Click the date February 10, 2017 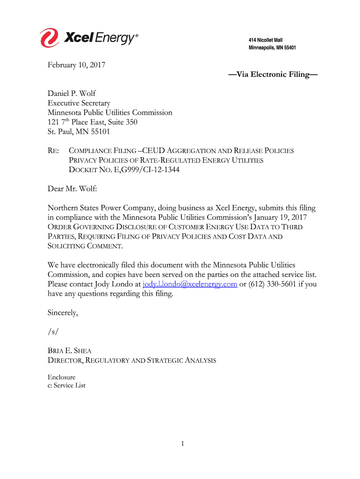pyautogui.click(x=76, y=65)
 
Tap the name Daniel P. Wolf pyautogui.click(x=72, y=94)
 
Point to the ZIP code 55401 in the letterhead pyautogui.click(x=288, y=48)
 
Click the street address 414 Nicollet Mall pyautogui.click(x=265, y=40)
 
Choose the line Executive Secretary pyautogui.click(x=79, y=103)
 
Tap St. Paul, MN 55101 pyautogui.click(x=79, y=131)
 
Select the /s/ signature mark pyautogui.click(x=53, y=332)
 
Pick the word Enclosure pyautogui.click(x=61, y=377)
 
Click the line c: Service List pyautogui.click(x=66, y=385)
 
